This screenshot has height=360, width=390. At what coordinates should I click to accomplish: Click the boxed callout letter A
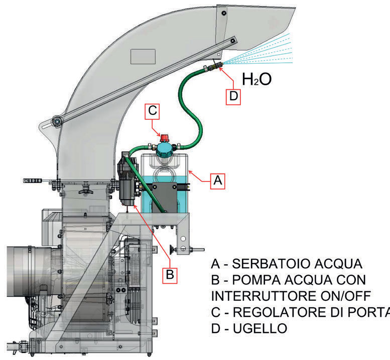point(217,181)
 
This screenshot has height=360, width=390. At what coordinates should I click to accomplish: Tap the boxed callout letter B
point(170,275)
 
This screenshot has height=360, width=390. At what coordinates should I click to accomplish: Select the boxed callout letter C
point(153,111)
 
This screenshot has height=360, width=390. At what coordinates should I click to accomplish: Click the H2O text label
point(256,79)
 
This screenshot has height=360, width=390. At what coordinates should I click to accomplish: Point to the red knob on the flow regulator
point(163,135)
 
